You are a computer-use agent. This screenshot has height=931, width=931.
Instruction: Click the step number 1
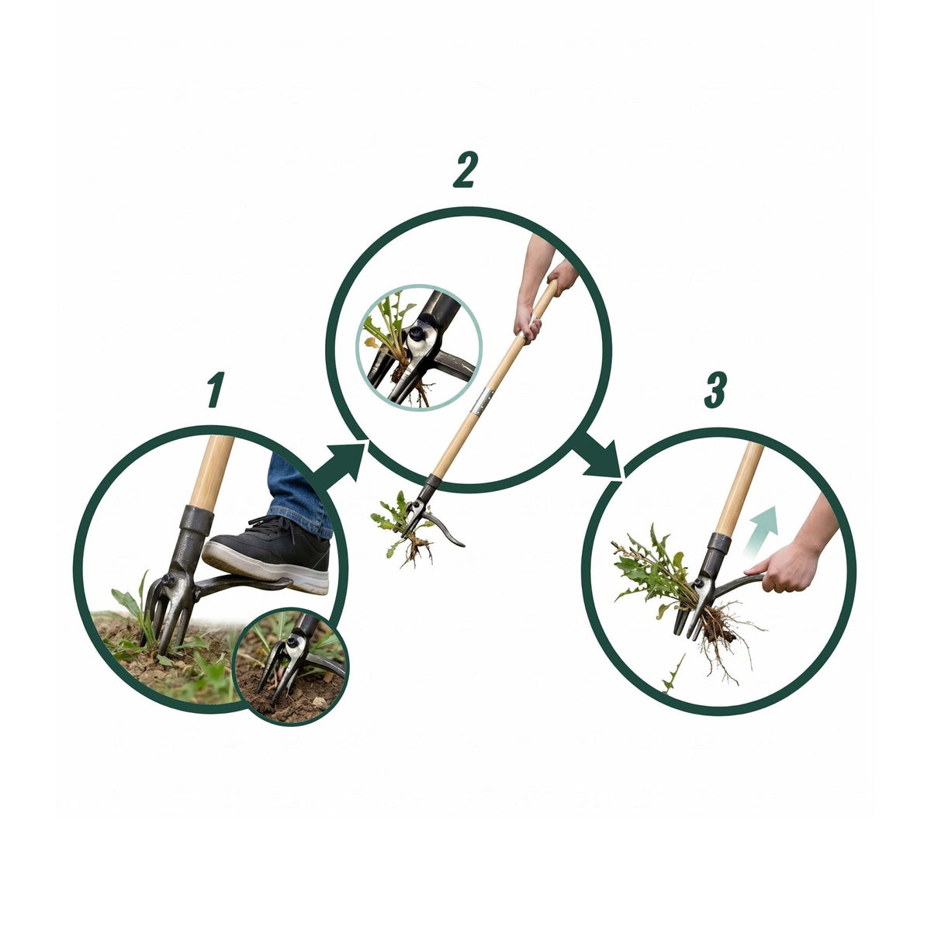pyautogui.click(x=216, y=389)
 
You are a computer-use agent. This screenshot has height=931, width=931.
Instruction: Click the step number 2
pyautogui.click(x=465, y=169)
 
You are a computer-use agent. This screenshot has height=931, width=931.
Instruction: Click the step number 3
pyautogui.click(x=715, y=389)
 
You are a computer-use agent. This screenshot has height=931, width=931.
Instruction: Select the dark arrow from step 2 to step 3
pyautogui.click(x=598, y=455)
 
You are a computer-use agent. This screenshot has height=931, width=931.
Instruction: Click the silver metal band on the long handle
pyautogui.click(x=483, y=400)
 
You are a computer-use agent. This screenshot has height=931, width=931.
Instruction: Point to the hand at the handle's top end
pyautogui.click(x=562, y=276)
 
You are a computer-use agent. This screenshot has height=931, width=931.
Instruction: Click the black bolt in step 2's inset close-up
pyautogui.click(x=416, y=333)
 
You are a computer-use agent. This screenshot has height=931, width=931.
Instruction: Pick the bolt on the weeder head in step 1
pyautogui.click(x=168, y=580)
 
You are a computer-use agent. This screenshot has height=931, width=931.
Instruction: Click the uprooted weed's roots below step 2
pyautogui.click(x=417, y=549)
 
